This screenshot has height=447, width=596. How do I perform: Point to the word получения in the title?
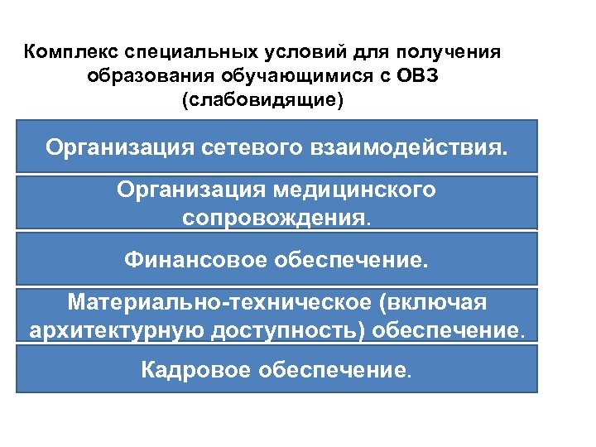(x=453, y=53)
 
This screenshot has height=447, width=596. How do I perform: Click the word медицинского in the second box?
(x=357, y=190)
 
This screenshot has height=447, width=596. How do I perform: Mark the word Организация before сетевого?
(x=121, y=149)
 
